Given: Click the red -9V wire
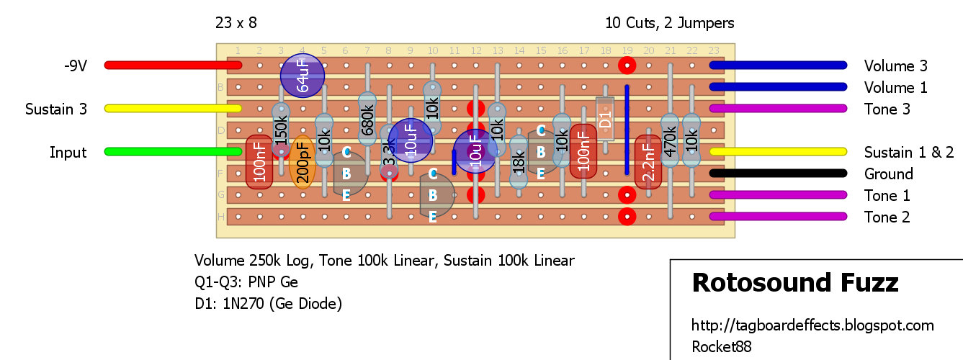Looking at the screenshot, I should pyautogui.click(x=173, y=65).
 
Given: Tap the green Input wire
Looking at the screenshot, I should pyautogui.click(x=173, y=152).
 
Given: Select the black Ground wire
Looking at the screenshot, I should pyautogui.click(x=778, y=174).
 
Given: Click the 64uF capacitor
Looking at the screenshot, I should pyautogui.click(x=303, y=76).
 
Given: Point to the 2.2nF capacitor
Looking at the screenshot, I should pyautogui.click(x=648, y=163).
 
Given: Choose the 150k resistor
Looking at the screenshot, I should pyautogui.click(x=281, y=130).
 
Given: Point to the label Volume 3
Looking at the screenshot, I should pyautogui.click(x=895, y=66).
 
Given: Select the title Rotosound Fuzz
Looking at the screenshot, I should pyautogui.click(x=794, y=283).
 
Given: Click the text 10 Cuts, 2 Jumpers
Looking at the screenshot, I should pyautogui.click(x=670, y=23).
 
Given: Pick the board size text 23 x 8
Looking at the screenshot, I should pyautogui.click(x=236, y=23).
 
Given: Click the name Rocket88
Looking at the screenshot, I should pyautogui.click(x=721, y=347).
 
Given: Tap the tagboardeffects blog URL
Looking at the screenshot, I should pyautogui.click(x=812, y=325).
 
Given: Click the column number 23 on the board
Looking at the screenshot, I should pyautogui.click(x=714, y=50).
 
